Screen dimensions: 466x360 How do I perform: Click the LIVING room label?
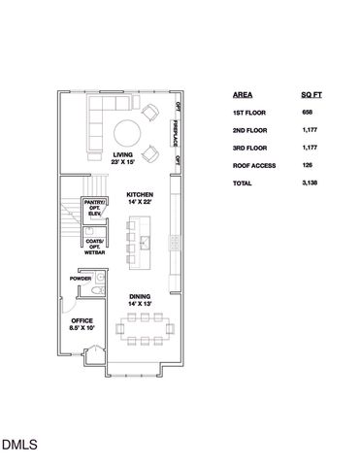click(122, 158)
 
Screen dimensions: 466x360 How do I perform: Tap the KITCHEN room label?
click(140, 199)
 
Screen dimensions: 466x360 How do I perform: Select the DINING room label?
click(139, 301)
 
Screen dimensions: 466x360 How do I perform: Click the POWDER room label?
click(82, 279)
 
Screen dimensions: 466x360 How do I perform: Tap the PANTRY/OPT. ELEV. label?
click(94, 207)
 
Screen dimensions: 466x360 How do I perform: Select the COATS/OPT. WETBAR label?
click(94, 247)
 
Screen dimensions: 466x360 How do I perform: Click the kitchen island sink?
click(146, 238)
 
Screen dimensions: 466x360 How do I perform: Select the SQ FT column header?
click(311, 96)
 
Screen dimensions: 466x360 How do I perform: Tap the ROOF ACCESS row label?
click(254, 166)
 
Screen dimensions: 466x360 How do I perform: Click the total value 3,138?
click(310, 183)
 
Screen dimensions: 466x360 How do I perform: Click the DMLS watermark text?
click(19, 446)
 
